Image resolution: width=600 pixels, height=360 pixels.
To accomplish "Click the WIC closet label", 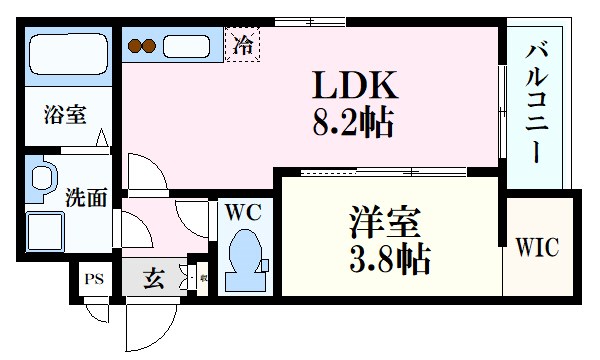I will coord(537,246).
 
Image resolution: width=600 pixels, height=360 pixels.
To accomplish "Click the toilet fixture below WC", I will coord(242,262).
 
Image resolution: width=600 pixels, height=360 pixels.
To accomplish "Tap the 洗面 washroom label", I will coord(85,197).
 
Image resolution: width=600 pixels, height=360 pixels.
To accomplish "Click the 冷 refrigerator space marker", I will coord(243,43).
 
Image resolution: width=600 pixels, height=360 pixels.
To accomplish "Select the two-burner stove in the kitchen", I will coord(142,45).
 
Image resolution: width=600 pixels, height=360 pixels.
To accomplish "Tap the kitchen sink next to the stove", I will coord(185,45).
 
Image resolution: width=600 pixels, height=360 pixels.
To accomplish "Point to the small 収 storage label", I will coord(202,279).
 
